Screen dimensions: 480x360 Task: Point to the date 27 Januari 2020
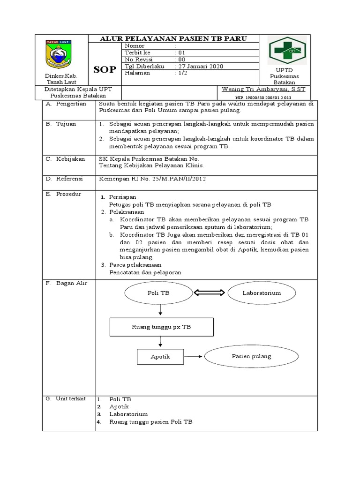click(x=199, y=66)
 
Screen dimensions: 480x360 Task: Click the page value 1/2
click(x=181, y=73)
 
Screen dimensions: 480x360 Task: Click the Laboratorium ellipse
click(x=262, y=293)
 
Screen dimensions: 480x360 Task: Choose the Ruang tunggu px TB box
click(x=161, y=327)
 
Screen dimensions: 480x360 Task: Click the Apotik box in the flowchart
click(x=160, y=357)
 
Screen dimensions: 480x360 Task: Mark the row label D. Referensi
click(x=64, y=179)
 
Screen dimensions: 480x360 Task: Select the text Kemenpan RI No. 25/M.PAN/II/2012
click(x=152, y=179)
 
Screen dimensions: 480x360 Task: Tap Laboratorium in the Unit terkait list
click(x=128, y=414)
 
